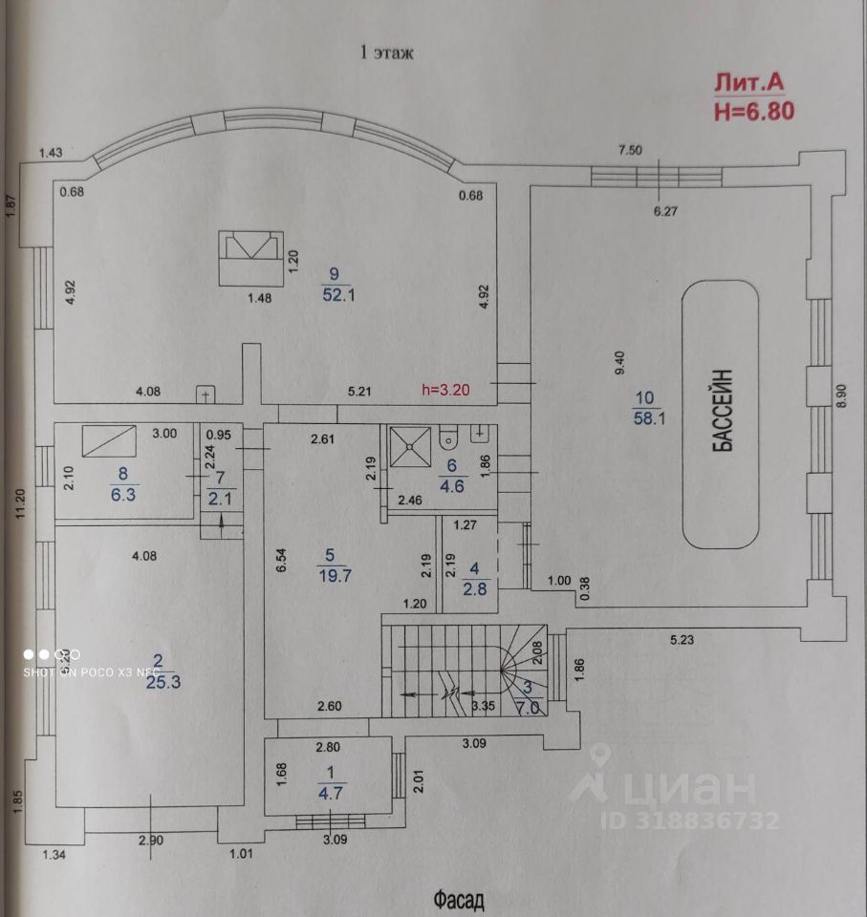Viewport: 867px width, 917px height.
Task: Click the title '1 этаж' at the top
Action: (386, 53)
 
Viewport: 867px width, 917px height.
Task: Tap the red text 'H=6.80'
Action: (752, 111)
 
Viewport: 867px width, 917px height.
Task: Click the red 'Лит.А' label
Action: (749, 84)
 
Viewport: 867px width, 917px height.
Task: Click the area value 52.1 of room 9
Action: (338, 295)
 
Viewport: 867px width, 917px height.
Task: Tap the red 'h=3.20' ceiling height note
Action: (446, 390)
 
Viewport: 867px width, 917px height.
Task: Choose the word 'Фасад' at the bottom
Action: (459, 899)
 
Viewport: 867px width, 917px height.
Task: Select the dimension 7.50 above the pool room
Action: (631, 149)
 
